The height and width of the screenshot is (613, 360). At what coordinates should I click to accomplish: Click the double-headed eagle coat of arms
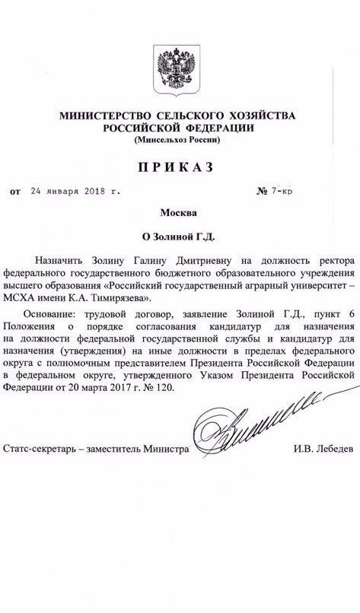[x=179, y=68]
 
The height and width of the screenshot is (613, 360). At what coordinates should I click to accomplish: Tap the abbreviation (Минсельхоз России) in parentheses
[x=180, y=141]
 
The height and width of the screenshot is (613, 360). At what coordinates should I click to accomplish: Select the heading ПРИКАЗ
[x=180, y=167]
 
